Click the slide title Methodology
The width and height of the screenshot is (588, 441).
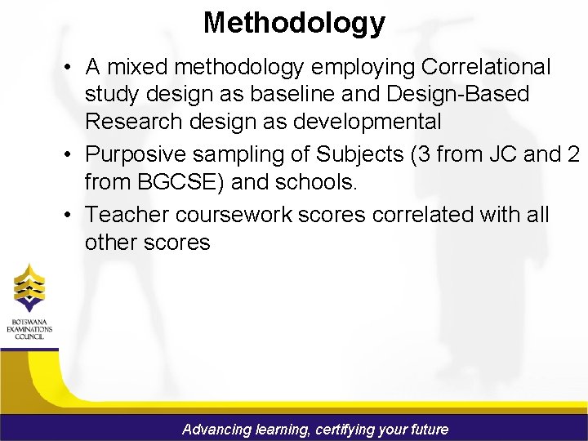click(294, 22)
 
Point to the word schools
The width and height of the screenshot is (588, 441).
click(315, 182)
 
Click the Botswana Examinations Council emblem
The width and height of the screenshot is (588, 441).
click(29, 287)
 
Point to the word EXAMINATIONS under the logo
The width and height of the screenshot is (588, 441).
click(29, 328)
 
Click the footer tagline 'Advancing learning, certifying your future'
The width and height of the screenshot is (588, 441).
click(315, 429)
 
